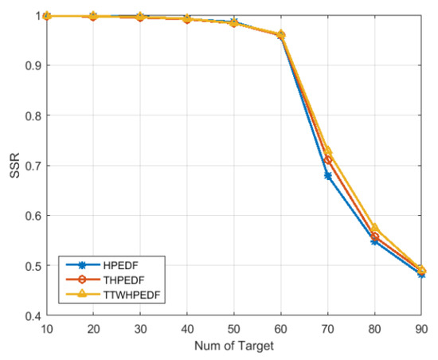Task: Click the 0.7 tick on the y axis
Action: [x=29, y=166]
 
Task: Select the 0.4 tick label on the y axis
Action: [x=29, y=316]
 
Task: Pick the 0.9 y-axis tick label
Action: [x=29, y=65]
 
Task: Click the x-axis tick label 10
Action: [x=47, y=328]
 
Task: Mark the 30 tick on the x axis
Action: [x=140, y=328]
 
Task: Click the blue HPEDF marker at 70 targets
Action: [x=327, y=176]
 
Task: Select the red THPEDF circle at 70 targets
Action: [x=327, y=160]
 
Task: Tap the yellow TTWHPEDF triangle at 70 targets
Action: [x=327, y=151]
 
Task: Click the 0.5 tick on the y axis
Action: [x=29, y=266]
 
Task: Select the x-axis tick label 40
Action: [x=187, y=328]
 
